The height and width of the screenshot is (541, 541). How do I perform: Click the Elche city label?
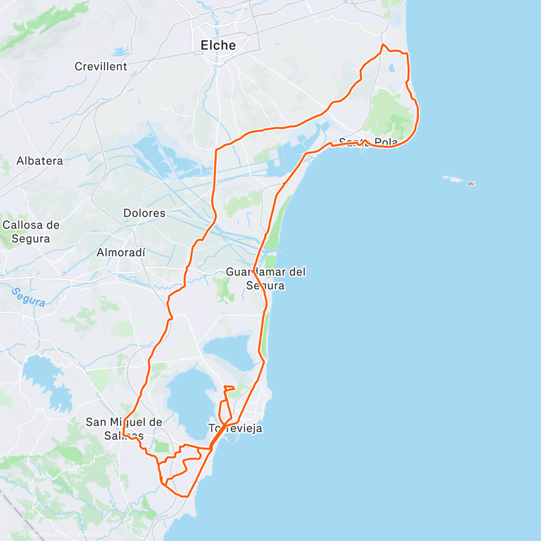218,45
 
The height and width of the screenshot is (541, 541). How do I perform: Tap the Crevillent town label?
101,66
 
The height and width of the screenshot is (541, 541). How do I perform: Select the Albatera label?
40,161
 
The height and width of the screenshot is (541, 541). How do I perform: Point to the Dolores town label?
144,213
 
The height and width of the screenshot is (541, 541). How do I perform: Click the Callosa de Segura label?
31,231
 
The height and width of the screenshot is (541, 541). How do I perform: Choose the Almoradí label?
121,252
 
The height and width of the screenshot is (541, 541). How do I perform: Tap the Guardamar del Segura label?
266,278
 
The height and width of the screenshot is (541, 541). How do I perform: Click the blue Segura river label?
28,297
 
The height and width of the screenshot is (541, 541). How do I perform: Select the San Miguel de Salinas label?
124,428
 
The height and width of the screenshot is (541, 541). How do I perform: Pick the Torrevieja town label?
235,428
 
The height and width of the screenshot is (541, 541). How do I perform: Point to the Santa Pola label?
368,142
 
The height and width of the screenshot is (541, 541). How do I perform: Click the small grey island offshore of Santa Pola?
471,183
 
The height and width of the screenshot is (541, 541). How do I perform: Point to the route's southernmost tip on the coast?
185,496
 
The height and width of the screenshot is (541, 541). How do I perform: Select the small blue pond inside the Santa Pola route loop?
391,69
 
